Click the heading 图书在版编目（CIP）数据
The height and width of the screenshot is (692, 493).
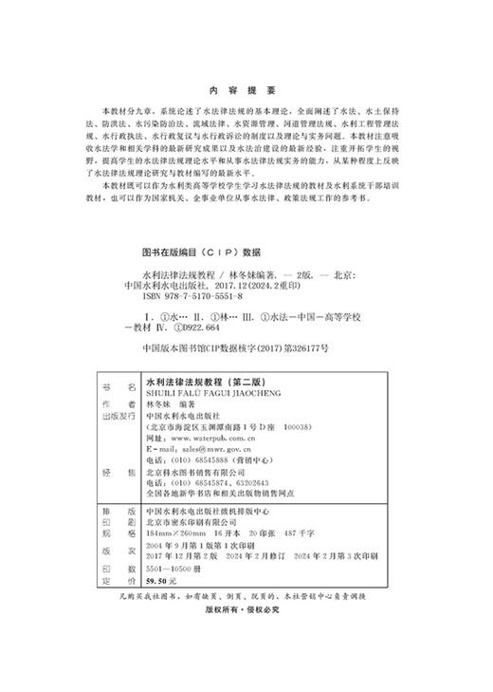[x=199, y=253]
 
